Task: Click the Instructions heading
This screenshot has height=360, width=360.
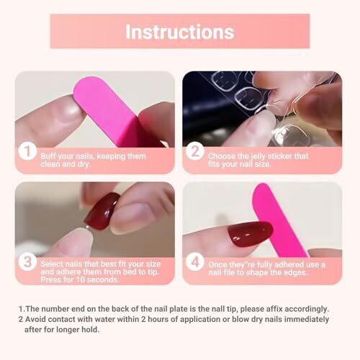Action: click(180, 32)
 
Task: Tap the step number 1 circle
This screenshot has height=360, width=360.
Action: click(27, 151)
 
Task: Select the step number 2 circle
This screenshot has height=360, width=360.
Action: click(195, 151)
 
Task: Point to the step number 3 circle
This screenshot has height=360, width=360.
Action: click(27, 261)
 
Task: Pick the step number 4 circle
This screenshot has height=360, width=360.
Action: click(195, 261)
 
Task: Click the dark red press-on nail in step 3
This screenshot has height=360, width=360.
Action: click(102, 211)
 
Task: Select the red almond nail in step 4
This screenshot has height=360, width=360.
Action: click(251, 234)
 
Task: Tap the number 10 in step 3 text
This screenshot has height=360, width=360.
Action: click(81, 279)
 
